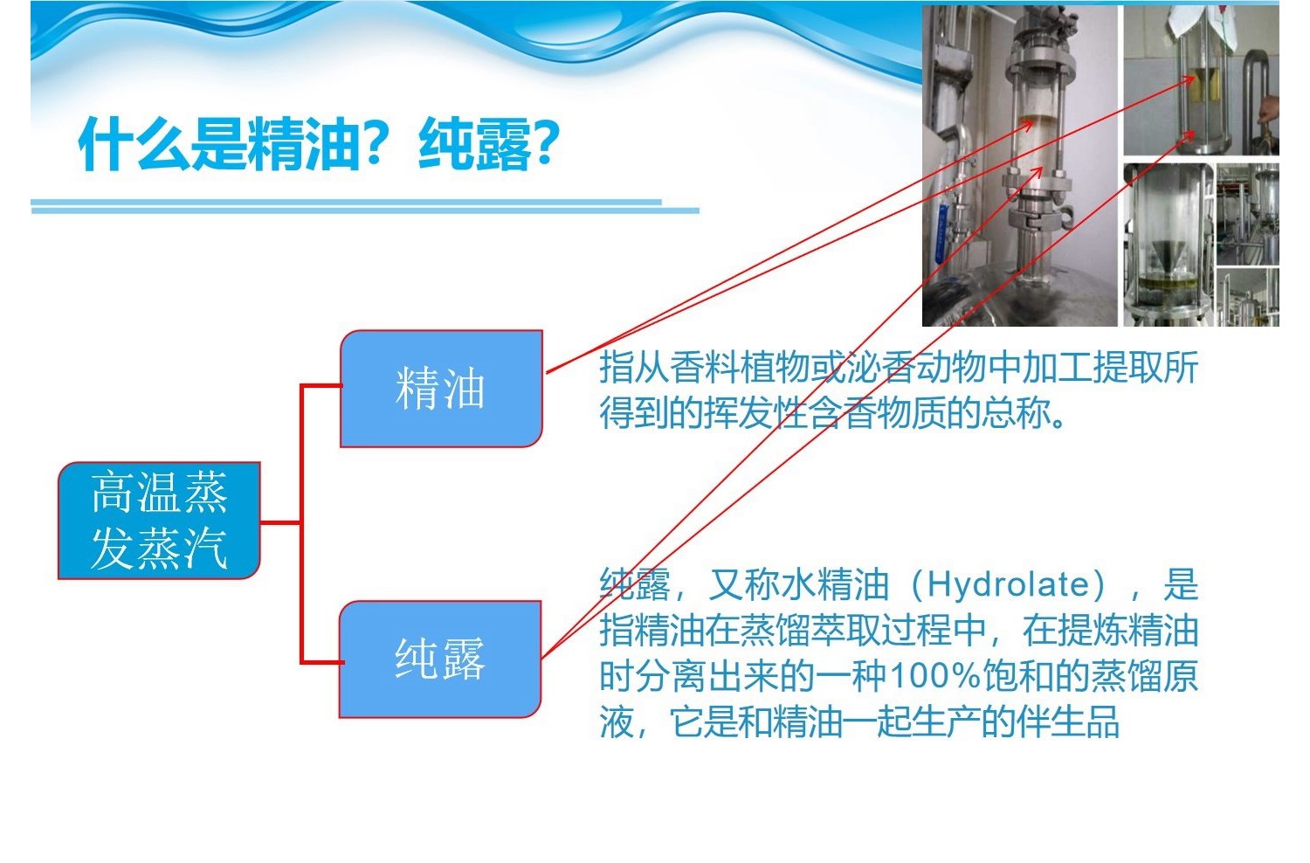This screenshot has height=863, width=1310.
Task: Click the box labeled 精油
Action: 442,389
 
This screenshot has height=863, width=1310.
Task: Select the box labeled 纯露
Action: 440,659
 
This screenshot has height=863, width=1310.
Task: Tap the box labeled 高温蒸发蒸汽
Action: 159,521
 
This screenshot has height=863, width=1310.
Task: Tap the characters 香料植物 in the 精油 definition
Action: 739,368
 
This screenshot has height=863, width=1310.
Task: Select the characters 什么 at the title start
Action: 134,144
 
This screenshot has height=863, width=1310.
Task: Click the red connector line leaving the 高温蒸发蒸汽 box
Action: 281,521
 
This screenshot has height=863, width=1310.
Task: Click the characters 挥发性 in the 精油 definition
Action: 755,413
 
